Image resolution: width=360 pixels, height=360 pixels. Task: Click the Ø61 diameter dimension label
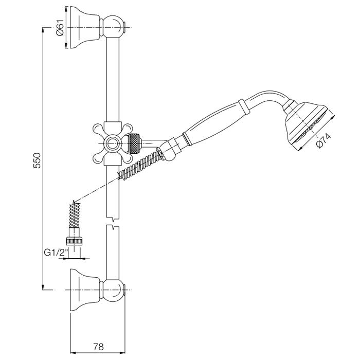[60, 27]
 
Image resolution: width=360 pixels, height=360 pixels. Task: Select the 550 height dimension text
[37, 160]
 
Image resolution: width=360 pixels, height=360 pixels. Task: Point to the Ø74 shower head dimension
[323, 140]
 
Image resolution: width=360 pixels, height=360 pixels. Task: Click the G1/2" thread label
[56, 253]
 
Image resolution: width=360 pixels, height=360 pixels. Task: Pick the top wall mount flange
[85, 27]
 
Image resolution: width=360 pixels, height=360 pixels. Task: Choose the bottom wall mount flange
[85, 290]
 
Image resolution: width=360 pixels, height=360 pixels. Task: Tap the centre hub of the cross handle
[112, 143]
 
